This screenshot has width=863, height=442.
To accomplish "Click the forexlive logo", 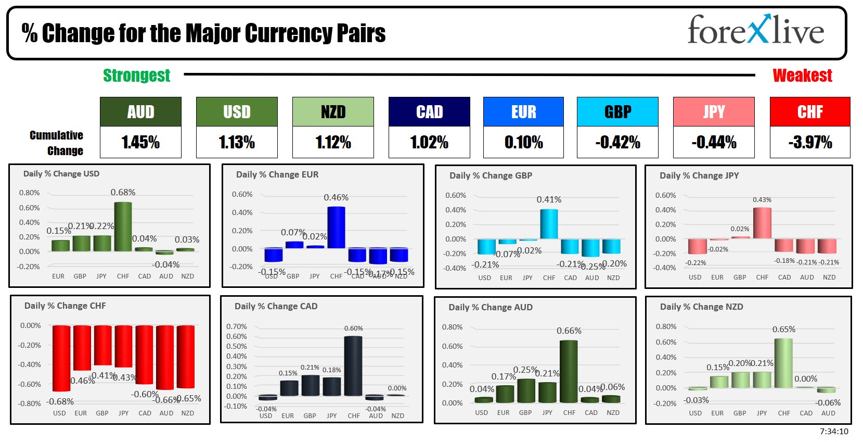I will (755, 30).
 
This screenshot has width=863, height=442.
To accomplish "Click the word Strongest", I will (136, 75).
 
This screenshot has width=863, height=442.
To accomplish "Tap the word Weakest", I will (802, 75).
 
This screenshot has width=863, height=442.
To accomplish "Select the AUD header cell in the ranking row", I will (140, 111).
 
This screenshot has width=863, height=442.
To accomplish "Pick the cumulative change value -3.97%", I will (809, 142).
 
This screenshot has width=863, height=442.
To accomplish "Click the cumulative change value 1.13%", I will (237, 142).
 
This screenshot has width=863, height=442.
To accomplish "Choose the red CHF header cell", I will (809, 111).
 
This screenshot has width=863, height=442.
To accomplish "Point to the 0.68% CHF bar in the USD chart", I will (123, 227).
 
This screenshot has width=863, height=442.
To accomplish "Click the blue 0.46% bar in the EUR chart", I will (336, 228).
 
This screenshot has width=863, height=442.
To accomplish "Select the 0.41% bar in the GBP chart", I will (549, 224).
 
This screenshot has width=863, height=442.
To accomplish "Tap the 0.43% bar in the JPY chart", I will (762, 223).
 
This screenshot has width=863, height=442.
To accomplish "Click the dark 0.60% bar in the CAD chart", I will (353, 366).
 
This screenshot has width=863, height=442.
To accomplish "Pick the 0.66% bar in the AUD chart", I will (569, 372).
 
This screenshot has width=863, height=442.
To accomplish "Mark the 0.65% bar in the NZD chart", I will (783, 363).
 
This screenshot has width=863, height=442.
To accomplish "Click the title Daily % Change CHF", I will (65, 306).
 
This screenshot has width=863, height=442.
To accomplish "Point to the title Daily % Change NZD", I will (701, 307).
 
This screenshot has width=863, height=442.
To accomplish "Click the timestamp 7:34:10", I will (834, 432).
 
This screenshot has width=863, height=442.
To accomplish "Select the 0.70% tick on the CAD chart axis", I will (237, 326).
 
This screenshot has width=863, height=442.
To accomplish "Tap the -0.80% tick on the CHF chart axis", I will (29, 403).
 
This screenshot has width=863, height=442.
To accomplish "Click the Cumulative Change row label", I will (56, 143).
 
